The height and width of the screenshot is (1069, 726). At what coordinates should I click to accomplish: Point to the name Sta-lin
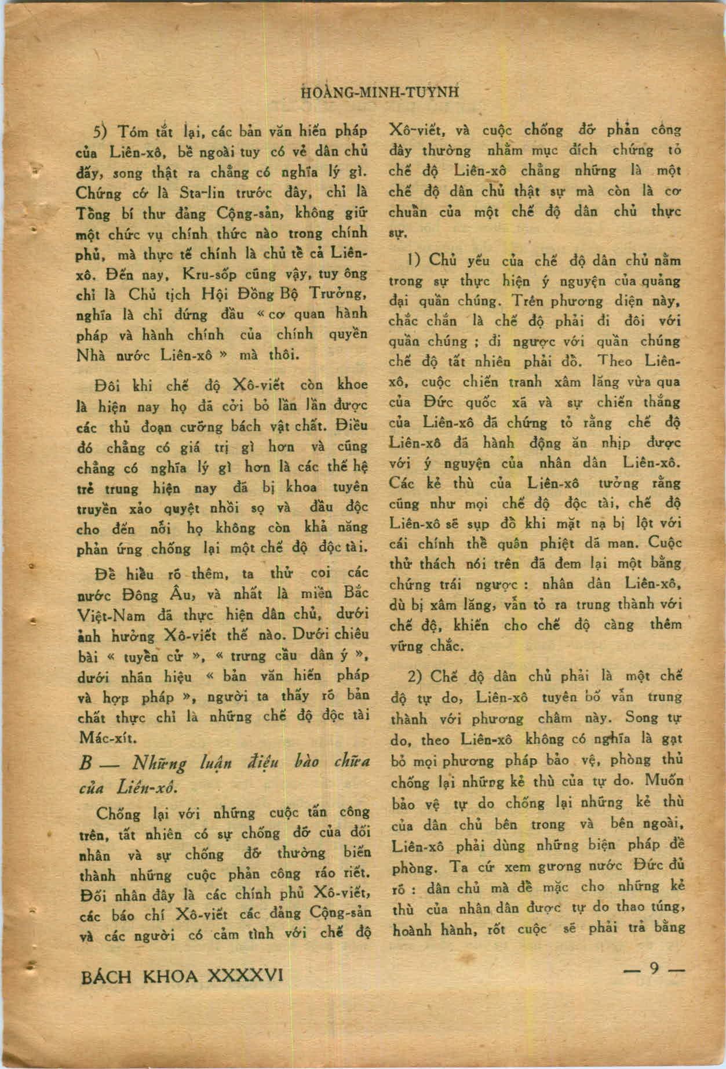click(183, 192)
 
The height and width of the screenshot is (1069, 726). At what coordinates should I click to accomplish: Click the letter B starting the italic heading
click(85, 763)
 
